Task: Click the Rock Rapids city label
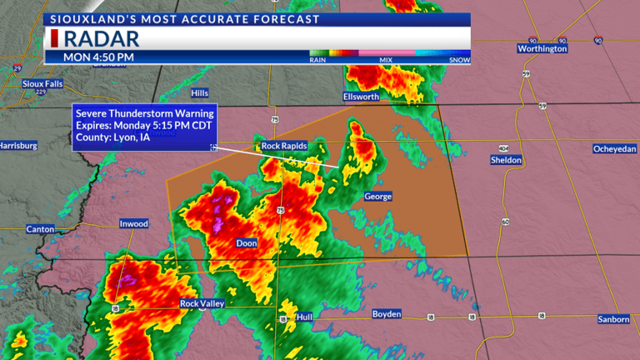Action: [x=284, y=146]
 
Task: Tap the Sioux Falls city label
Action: [x=42, y=84]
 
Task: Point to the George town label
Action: [x=377, y=197]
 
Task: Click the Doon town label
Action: [x=247, y=243]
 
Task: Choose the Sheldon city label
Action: [x=506, y=159]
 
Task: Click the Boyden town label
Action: [x=386, y=314]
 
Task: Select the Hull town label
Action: [x=304, y=317]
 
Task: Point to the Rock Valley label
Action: [x=202, y=304]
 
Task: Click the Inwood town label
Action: [x=133, y=223]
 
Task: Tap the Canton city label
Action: [x=40, y=229]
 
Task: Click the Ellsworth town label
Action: [x=362, y=97]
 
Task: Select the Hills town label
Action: [x=200, y=93]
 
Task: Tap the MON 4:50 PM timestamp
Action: [x=99, y=57]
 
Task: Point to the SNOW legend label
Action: [x=459, y=59]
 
